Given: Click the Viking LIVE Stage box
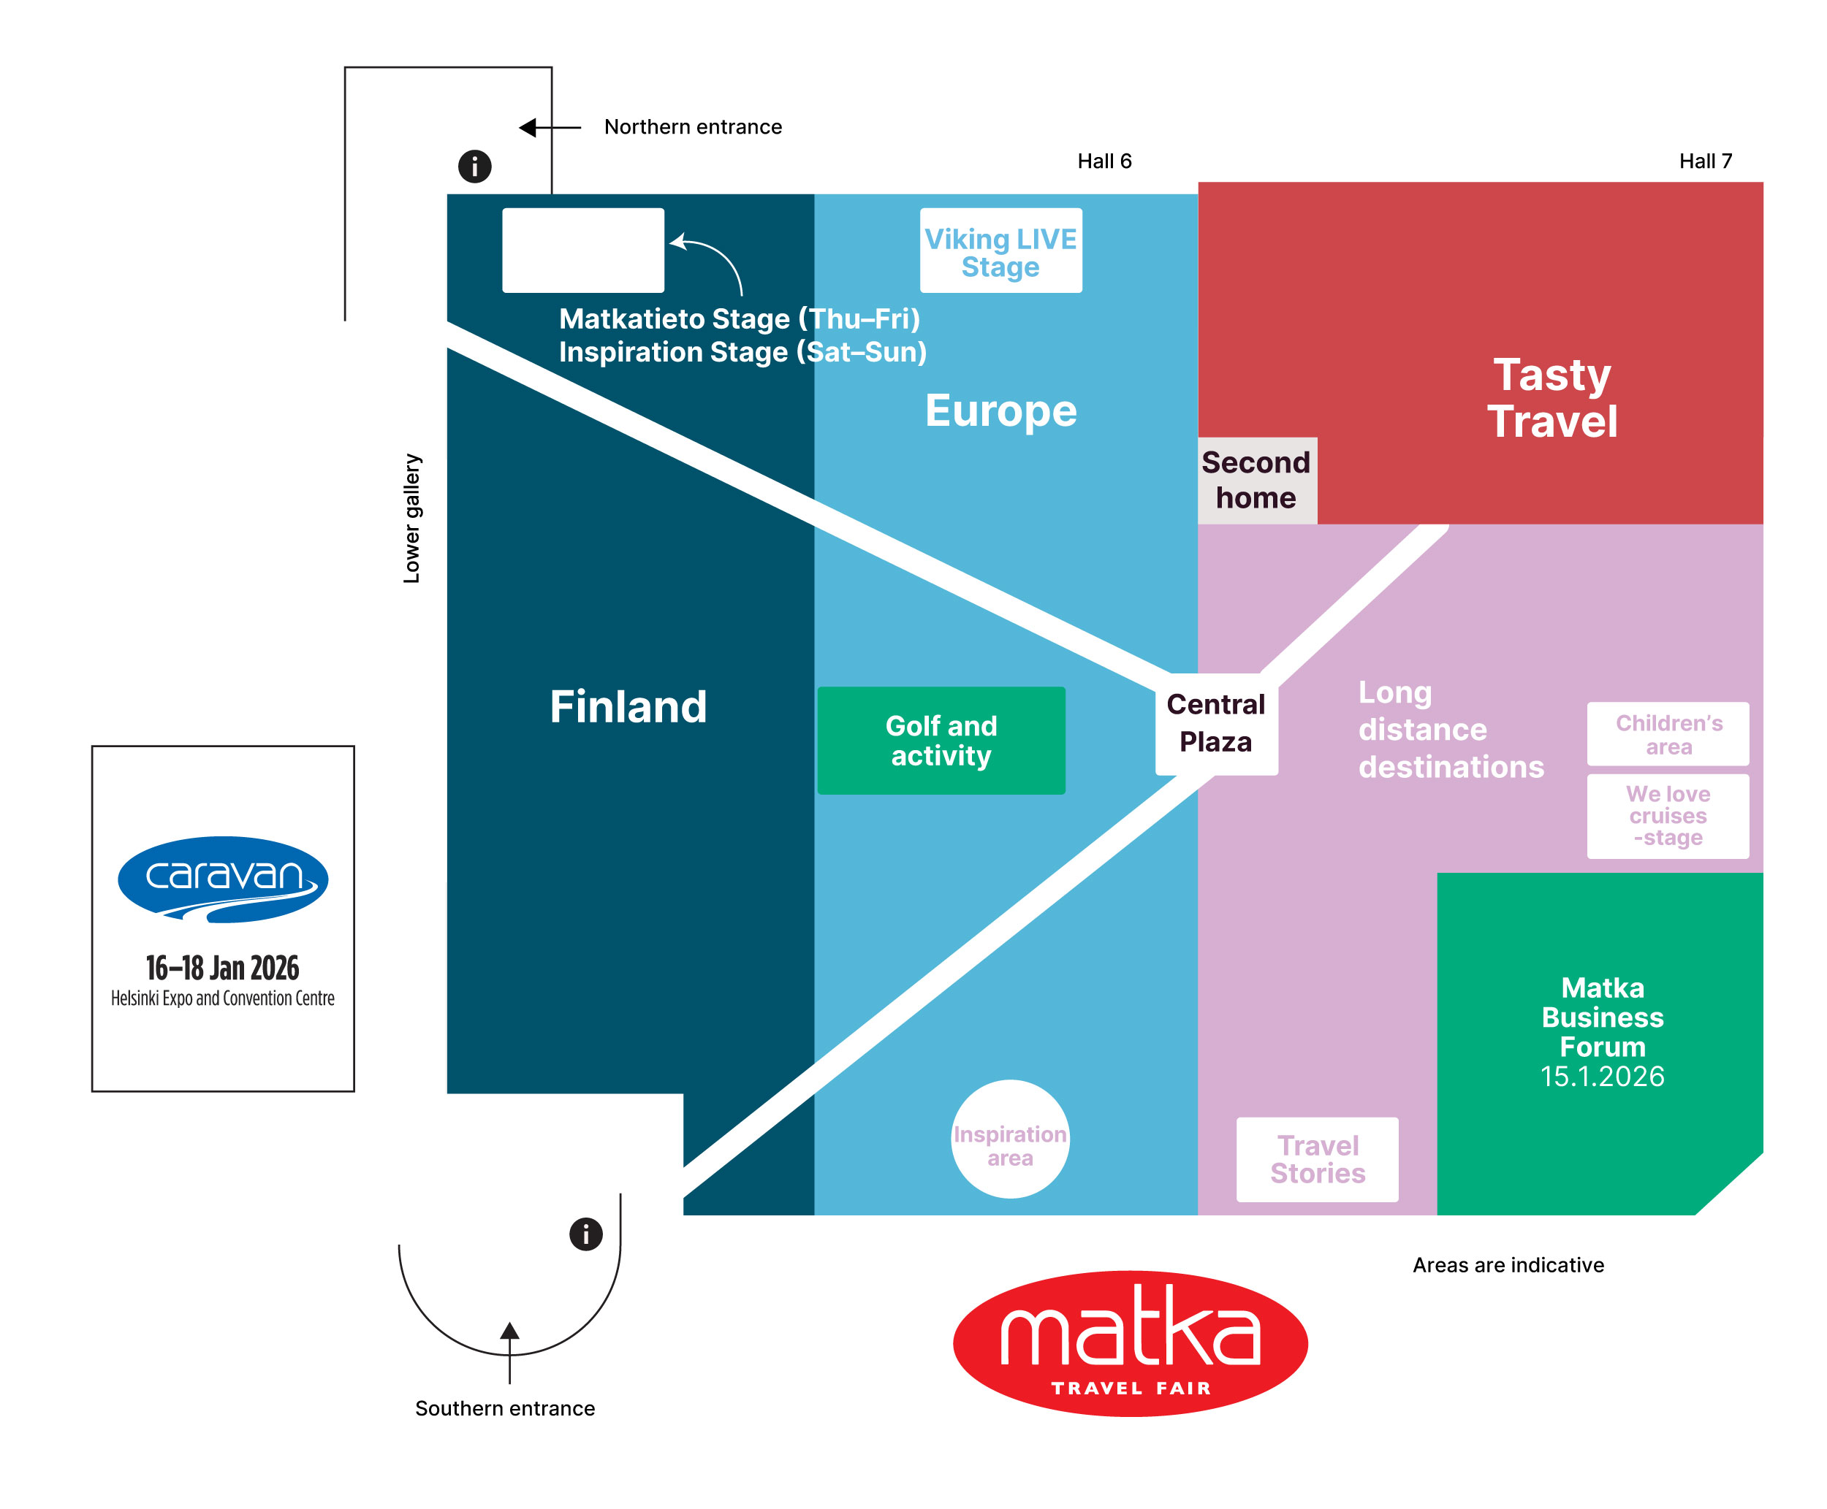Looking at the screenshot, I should pos(1000,251).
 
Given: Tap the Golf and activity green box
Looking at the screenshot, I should pos(940,740).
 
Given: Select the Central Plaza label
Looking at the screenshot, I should pos(1215,722).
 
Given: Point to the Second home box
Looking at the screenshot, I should pos(1256,480).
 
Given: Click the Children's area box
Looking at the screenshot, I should pos(1667,733).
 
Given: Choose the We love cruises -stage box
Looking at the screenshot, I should pos(1667,815).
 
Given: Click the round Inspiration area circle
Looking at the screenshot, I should pos(1009,1138).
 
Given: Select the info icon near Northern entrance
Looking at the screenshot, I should pos(474,165).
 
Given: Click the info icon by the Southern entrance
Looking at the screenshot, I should pos(585,1234).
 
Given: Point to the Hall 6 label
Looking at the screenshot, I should pos(1104,161).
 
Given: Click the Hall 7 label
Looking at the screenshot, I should pos(1704,161).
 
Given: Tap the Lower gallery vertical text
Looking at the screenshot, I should pos(411,517).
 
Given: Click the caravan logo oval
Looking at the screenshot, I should pos(223,878).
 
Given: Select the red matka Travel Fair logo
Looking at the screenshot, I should pos(1130,1342).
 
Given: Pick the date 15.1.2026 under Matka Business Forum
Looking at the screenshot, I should pos(1602,1076).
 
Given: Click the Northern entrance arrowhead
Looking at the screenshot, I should pos(528,128).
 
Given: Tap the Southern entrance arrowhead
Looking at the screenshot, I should pos(509,1331).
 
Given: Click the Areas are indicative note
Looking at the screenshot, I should pos(1507,1265).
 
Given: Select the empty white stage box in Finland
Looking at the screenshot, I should pos(582,251).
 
